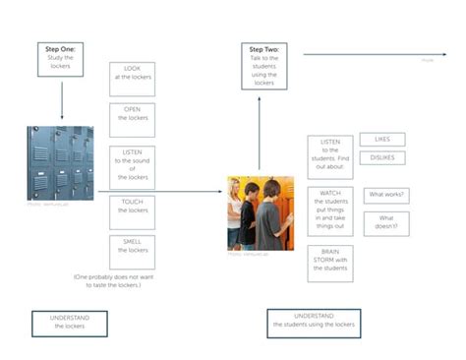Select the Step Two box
pyautogui.click(x=263, y=66)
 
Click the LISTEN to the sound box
pyautogui.click(x=132, y=163)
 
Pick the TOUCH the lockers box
pyautogui.click(x=132, y=207)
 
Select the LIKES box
pyautogui.click(x=381, y=140)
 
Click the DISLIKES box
pyautogui.click(x=381, y=157)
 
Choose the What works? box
pyautogui.click(x=387, y=196)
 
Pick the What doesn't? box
pyautogui.click(x=387, y=222)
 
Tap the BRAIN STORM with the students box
pyautogui.click(x=330, y=263)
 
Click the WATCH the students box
pyautogui.click(x=330, y=210)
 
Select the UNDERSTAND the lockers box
pyautogui.click(x=69, y=324)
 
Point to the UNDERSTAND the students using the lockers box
pyautogui.click(x=314, y=324)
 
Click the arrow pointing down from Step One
pyautogui.click(x=62, y=102)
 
